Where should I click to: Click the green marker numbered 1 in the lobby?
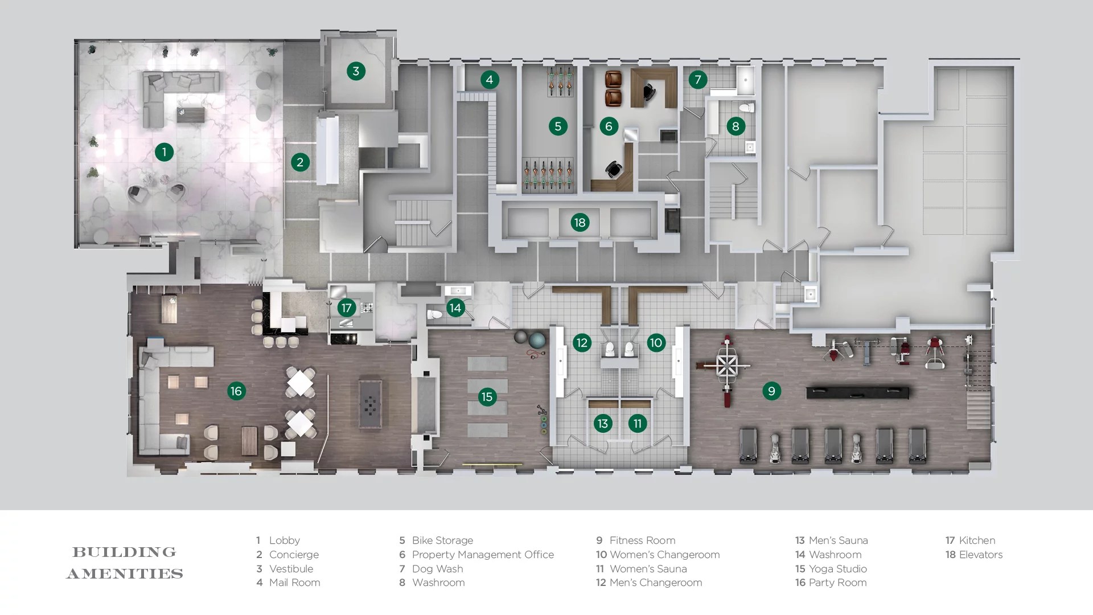tap(164, 152)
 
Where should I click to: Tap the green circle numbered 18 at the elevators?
tap(580, 223)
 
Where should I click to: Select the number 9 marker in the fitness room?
tap(771, 391)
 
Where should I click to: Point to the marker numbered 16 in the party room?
tap(236, 391)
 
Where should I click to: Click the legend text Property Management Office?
tap(482, 555)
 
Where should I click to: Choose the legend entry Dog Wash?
tap(437, 569)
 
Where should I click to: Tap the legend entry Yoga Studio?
tap(838, 569)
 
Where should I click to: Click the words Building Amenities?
tap(125, 563)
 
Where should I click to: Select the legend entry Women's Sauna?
tap(647, 569)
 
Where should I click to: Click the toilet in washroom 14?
tap(434, 314)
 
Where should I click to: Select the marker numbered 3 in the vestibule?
tap(356, 71)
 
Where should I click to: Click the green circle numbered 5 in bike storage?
tap(558, 126)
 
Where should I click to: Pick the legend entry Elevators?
tap(980, 555)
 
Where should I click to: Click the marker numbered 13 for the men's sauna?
tap(602, 423)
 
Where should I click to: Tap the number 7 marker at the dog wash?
tap(698, 80)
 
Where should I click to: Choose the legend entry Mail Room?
tap(294, 583)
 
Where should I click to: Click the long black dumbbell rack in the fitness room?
tap(857, 392)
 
